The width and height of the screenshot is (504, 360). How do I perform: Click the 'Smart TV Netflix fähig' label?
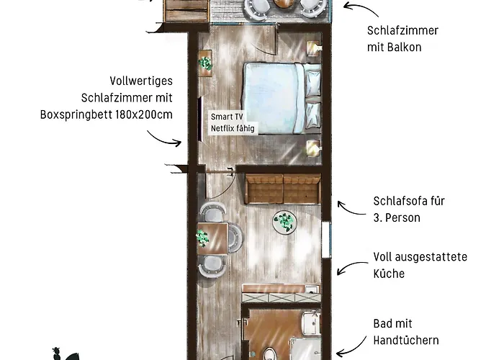(233, 122)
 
